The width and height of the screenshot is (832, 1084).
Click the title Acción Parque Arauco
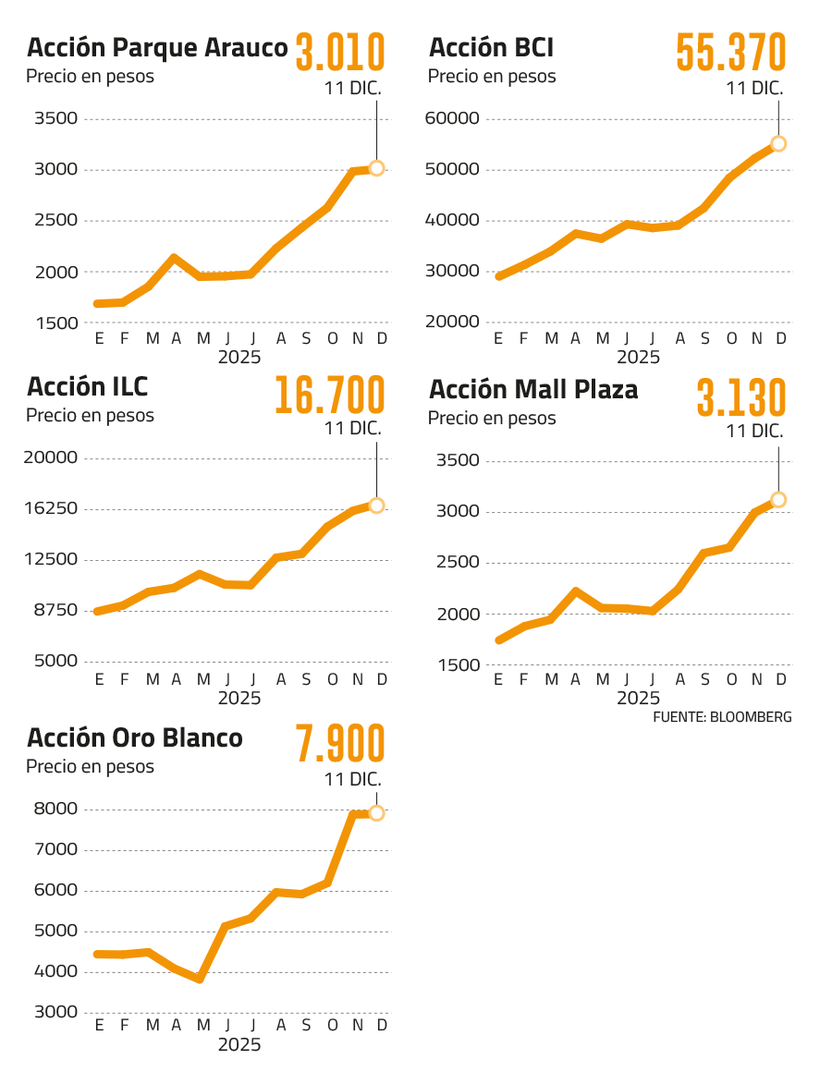point(157,48)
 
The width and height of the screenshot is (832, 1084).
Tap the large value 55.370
point(731,53)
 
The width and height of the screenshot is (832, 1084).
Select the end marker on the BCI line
point(778,143)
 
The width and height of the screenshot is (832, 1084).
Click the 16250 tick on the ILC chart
point(52,509)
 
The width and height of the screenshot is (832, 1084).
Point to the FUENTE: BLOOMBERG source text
point(722,717)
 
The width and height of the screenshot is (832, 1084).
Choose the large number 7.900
point(339,745)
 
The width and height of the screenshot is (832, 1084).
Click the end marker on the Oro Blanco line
point(376,813)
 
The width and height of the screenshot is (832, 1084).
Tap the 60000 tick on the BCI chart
point(454,119)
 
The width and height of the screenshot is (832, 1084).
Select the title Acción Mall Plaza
point(533,390)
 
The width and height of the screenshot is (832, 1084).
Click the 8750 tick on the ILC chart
point(55,611)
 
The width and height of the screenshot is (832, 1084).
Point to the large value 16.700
point(329,396)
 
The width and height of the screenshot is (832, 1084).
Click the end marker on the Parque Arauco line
point(376,167)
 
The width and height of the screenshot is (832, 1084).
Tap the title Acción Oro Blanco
point(135,738)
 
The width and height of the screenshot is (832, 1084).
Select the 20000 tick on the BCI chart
point(454,323)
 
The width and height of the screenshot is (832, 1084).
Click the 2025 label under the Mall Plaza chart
point(638,698)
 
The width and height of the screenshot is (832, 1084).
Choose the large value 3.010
point(339,53)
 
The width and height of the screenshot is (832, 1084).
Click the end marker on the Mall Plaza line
point(778,500)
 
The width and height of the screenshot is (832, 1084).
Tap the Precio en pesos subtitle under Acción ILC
point(90,416)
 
